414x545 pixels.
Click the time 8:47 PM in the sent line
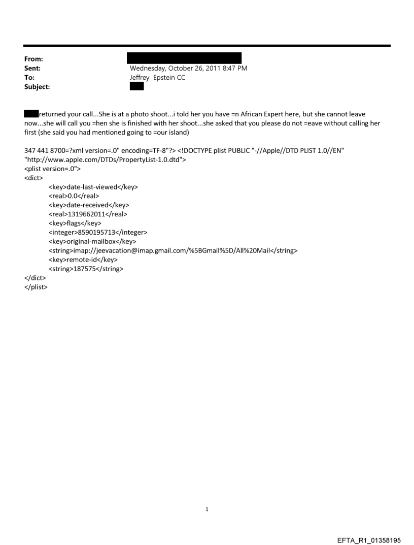click(x=233, y=68)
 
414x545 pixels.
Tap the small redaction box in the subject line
click(x=137, y=86)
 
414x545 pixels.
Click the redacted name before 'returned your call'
click(x=31, y=114)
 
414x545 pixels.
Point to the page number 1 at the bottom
click(x=207, y=509)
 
